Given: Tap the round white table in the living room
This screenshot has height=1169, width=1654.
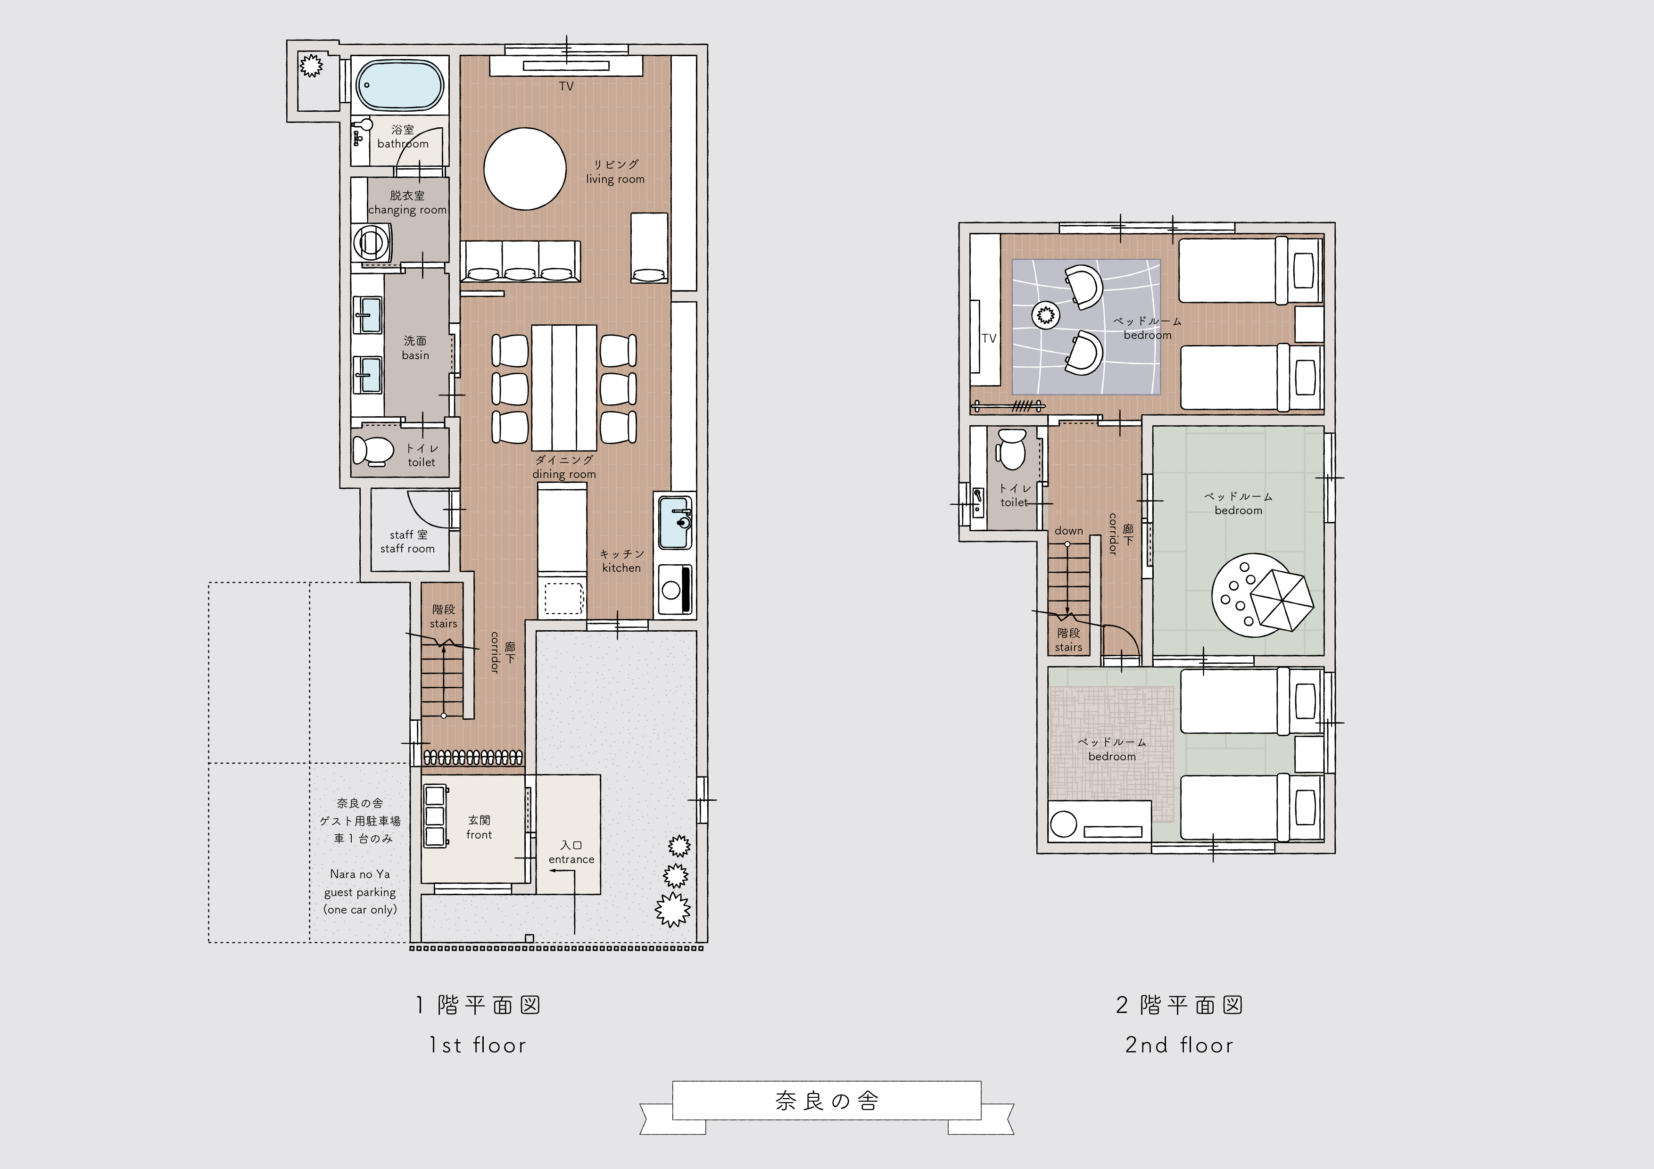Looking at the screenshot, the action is click(524, 169).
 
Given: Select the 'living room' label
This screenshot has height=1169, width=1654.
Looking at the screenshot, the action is click(615, 179).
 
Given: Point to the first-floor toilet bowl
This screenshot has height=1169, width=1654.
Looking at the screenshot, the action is click(373, 451).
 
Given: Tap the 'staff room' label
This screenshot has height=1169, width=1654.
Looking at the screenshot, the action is click(408, 549).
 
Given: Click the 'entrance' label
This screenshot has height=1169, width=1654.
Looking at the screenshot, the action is click(571, 859).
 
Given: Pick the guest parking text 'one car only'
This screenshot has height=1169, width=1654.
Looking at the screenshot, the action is click(360, 910).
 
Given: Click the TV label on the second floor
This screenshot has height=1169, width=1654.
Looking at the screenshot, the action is click(989, 338).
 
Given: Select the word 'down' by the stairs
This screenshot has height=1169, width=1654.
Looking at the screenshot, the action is click(1069, 531).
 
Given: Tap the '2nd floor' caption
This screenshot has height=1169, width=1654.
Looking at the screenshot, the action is click(1179, 1045).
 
